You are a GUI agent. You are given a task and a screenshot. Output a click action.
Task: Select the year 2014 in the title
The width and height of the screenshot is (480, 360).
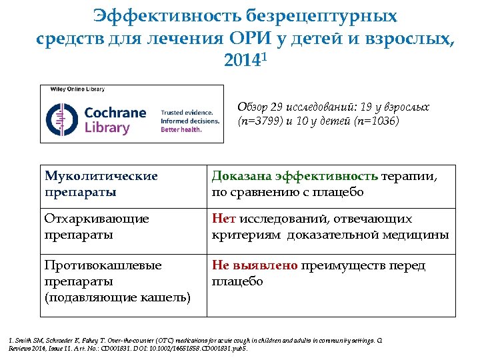point(238,63)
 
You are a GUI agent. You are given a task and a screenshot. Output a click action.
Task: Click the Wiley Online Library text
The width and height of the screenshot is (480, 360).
point(73,89)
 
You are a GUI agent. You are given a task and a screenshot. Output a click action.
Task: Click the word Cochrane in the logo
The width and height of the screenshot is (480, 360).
point(115,113)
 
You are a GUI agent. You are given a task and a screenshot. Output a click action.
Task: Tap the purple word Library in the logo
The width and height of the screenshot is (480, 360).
point(107,128)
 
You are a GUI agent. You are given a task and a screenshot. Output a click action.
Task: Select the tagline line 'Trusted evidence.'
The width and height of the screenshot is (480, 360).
point(187,113)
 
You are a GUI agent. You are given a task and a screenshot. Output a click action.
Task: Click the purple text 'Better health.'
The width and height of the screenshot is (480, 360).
point(181,129)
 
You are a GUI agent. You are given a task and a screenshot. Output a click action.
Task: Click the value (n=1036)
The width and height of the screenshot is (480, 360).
point(376,121)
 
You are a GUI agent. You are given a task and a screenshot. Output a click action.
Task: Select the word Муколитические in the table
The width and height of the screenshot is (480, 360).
point(101,177)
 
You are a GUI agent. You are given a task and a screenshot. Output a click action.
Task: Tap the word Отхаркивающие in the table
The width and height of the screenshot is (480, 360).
point(97,219)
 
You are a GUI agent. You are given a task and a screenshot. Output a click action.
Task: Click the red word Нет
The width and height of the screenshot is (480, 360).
point(222,219)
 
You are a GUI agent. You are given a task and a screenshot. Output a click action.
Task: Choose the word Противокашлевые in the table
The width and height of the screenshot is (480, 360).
point(103,265)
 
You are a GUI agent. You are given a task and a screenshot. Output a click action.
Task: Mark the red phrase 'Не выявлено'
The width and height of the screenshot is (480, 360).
point(255,265)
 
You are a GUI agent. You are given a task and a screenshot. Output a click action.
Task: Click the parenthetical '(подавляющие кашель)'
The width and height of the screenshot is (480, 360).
point(117,297)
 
